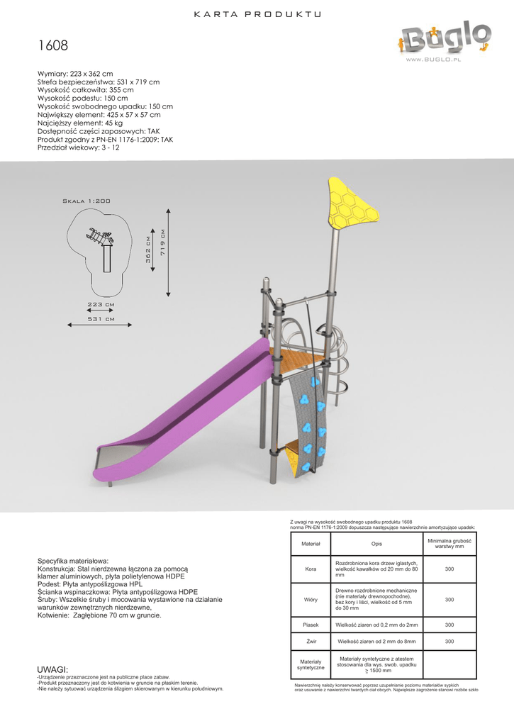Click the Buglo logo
tap(444, 39)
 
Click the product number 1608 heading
tap(53, 47)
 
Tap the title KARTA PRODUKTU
tap(257, 14)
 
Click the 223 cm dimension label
tap(101, 304)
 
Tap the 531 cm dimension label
tap(101, 319)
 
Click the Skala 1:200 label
tap(86, 201)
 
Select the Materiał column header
tap(311, 544)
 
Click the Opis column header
tap(376, 544)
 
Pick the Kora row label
tap(311, 569)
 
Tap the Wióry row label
tap(311, 600)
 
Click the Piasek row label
tap(311, 625)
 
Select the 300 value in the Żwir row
tap(449, 642)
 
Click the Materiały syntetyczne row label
tap(311, 664)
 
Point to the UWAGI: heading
tap(52, 670)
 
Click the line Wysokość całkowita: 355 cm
tap(85, 90)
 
